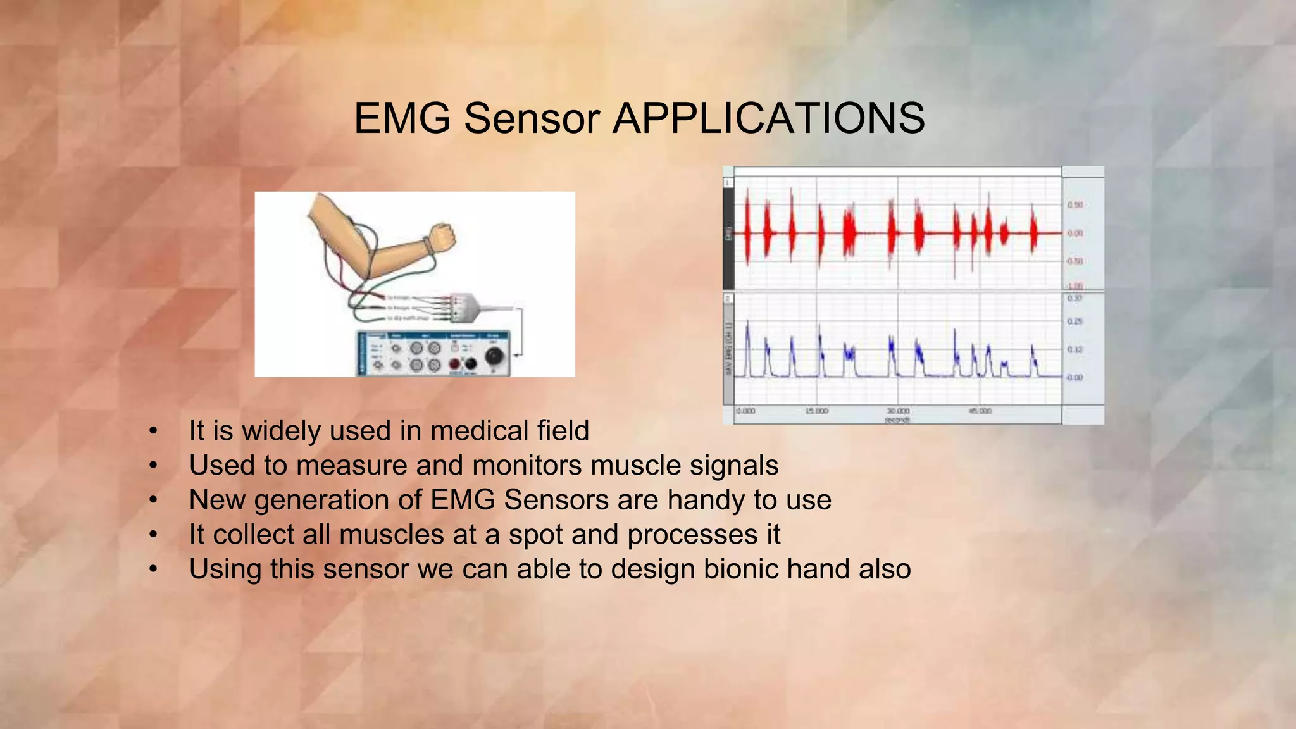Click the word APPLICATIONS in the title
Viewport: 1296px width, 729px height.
point(768,118)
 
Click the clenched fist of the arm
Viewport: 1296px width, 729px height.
point(443,236)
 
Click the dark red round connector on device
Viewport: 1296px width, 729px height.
point(454,364)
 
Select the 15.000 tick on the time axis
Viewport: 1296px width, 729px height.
point(816,411)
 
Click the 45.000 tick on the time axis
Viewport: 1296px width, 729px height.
point(980,411)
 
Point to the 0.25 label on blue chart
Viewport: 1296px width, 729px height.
point(1075,321)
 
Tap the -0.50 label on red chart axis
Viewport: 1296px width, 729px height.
point(1075,261)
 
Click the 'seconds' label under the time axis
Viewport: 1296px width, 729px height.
point(897,420)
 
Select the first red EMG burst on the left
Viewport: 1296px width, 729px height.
point(747,233)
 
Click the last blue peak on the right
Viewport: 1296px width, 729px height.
point(1033,358)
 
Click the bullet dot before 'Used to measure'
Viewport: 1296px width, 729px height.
point(153,466)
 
